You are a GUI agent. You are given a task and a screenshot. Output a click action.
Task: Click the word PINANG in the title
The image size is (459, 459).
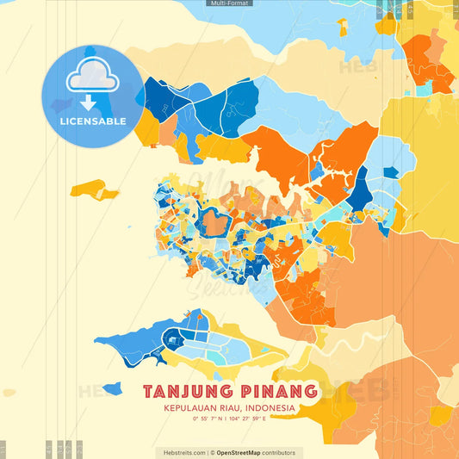pyautogui.click(x=275, y=392)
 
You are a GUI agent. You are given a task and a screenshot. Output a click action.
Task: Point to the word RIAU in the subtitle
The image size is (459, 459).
pyautogui.click(x=230, y=408)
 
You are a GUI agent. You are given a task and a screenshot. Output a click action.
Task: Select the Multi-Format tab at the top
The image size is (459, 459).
pyautogui.click(x=229, y=3)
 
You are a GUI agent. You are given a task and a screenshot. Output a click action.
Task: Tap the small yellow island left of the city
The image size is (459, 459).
pyautogui.click(x=94, y=188)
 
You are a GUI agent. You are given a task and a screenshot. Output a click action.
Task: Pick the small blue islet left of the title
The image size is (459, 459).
pyautogui.click(x=111, y=389)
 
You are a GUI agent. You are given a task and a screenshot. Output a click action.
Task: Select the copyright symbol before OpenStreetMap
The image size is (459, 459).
pyautogui.click(x=213, y=452)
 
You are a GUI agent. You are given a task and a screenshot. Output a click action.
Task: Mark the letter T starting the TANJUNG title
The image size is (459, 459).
pyautogui.click(x=149, y=392)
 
